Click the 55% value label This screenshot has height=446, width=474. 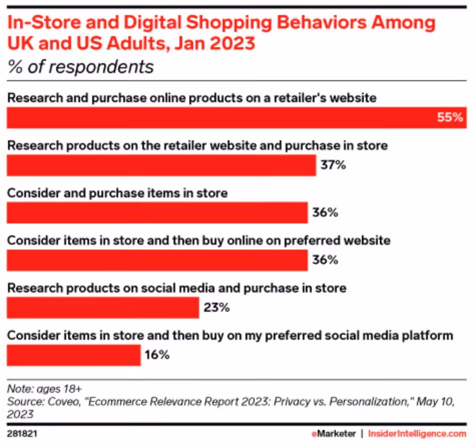tap(450, 117)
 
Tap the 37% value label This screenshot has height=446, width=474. tap(333, 165)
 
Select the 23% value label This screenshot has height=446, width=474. tap(216, 308)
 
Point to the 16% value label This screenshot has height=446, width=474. tap(157, 355)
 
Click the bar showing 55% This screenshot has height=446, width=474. tap(236, 118)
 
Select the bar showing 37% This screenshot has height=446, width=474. tap(161, 165)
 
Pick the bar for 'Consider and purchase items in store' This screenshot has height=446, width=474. tap(157, 212)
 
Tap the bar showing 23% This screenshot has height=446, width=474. tap(103, 308)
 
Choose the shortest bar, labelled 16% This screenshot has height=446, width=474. tap(74, 355)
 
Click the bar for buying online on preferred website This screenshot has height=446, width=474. tap(157, 260)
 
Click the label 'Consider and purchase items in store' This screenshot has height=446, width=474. tap(117, 193)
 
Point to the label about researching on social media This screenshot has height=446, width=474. tap(177, 288)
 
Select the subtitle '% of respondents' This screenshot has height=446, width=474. tap(81, 67)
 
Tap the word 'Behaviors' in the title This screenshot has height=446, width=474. tap(322, 23)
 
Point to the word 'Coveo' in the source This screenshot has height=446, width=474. tap(64, 401)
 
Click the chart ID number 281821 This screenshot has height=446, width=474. tap(22, 434)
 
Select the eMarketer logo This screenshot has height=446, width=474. tap(334, 434)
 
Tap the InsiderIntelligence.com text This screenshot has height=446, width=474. tap(417, 434)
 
